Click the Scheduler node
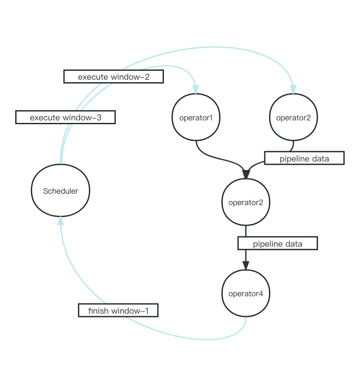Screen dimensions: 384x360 click(x=61, y=191)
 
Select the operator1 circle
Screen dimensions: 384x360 click(x=196, y=117)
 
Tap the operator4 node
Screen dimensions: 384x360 click(x=246, y=293)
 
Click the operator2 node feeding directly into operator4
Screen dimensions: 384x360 click(x=246, y=202)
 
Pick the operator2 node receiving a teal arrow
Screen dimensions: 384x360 click(x=293, y=117)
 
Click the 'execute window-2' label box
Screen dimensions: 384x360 click(x=114, y=77)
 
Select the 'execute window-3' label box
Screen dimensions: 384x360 click(x=65, y=117)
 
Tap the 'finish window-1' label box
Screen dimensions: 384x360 click(x=118, y=310)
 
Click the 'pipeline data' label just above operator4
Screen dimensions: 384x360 click(x=277, y=244)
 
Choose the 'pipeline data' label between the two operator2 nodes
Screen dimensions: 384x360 click(x=304, y=159)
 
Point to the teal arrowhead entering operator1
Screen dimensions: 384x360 click(x=196, y=89)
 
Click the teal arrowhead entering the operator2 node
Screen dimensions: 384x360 click(x=293, y=89)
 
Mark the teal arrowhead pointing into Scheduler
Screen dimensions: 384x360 click(x=61, y=220)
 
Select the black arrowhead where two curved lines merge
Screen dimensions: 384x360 click(x=246, y=174)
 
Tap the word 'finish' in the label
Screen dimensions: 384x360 click(x=97, y=310)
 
